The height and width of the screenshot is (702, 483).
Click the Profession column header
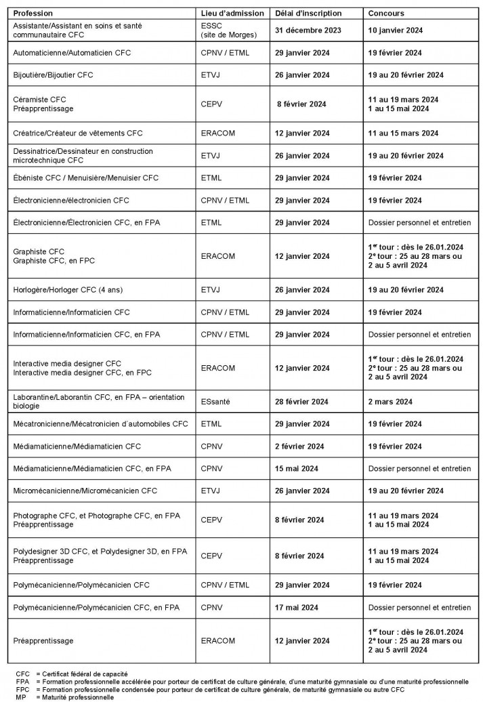(33, 14)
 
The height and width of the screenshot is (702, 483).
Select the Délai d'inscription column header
(308, 14)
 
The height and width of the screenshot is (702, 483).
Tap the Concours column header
(386, 14)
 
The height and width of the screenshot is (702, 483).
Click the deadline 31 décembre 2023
(308, 30)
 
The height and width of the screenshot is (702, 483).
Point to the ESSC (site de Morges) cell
(221, 30)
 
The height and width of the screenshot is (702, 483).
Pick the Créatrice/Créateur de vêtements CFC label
(78, 133)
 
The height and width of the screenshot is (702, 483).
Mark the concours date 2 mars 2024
(390, 402)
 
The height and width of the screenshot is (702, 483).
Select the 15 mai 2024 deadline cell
(297, 469)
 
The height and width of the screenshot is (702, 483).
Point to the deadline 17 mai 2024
(297, 608)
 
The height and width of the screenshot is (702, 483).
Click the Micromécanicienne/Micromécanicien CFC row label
(85, 491)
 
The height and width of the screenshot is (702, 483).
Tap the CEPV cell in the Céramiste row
(211, 104)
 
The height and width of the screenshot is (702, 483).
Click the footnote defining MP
(64, 697)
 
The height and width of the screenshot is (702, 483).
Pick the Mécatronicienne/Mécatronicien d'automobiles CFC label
(100, 424)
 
